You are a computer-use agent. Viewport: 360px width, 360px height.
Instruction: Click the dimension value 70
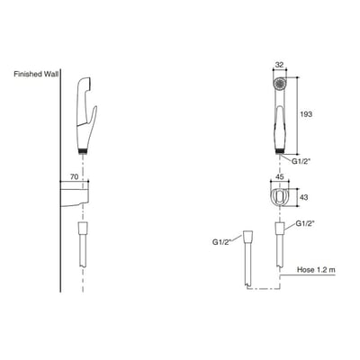tap(73, 178)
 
